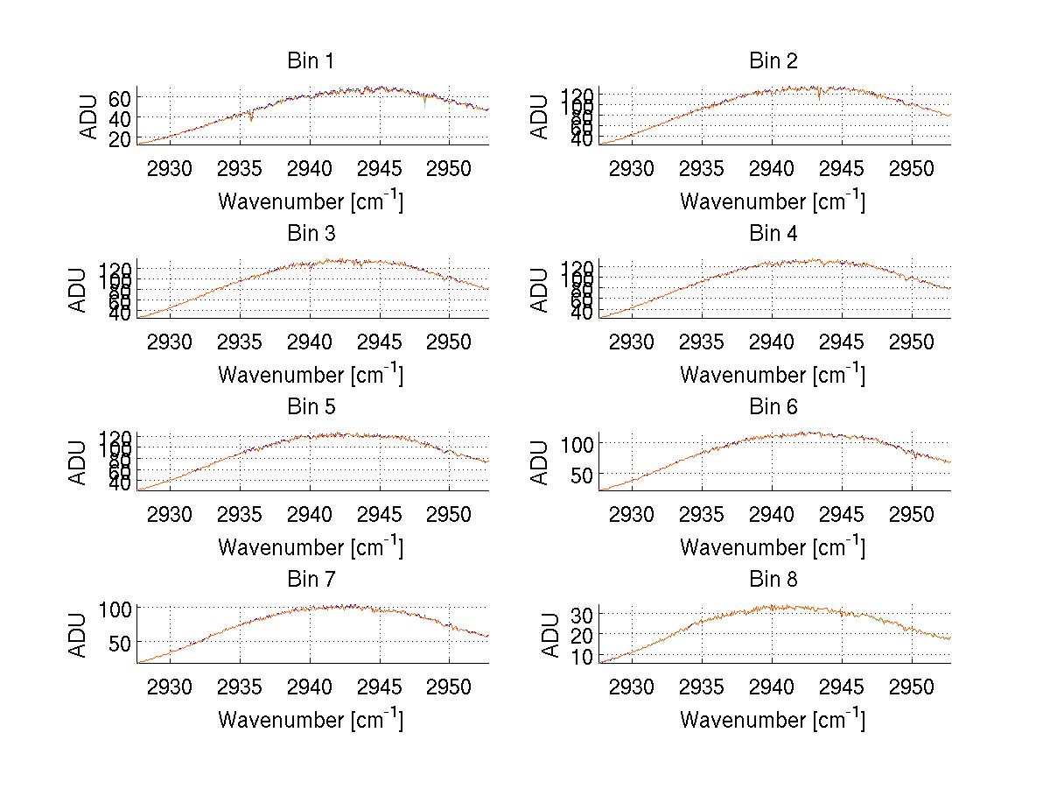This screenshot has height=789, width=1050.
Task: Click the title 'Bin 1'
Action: [310, 61]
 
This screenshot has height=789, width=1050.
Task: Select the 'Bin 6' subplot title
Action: [773, 407]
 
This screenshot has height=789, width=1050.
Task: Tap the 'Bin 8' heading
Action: [773, 580]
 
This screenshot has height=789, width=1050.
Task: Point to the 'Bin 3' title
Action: [310, 234]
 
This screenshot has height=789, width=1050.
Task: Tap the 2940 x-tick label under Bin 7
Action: [310, 686]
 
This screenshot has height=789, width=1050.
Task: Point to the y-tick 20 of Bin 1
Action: [119, 138]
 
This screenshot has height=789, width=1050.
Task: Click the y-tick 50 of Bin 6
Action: [581, 475]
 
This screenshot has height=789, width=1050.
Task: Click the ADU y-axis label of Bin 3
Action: [80, 290]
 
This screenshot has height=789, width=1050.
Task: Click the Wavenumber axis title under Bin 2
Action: [772, 201]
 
